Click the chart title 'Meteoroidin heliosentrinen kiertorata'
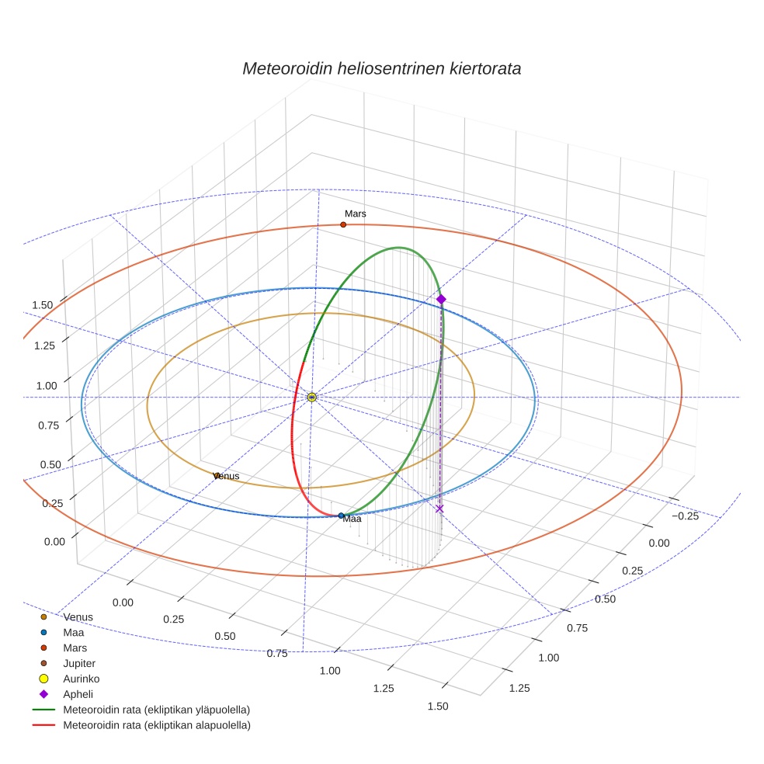(x=381, y=68)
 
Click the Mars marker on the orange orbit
(x=343, y=224)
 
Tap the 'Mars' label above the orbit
(x=356, y=214)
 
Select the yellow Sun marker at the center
(x=311, y=397)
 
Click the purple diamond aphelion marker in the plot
(x=441, y=299)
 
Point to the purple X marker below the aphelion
(x=439, y=509)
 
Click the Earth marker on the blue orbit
(x=341, y=516)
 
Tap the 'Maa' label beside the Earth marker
(x=352, y=519)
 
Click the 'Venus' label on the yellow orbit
(x=226, y=476)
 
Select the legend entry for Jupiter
(x=79, y=663)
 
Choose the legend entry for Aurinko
(x=81, y=679)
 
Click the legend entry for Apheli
(x=78, y=694)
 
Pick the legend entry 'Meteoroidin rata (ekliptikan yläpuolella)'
(x=156, y=710)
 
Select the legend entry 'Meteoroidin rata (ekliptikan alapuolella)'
(x=156, y=725)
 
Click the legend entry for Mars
(x=75, y=648)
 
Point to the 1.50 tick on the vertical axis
(x=42, y=305)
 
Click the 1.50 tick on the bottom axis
(x=437, y=706)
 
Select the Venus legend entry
(x=78, y=616)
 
